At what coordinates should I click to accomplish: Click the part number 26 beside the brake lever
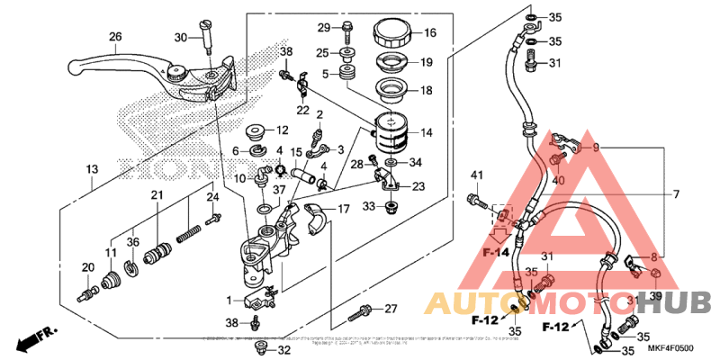(114, 37)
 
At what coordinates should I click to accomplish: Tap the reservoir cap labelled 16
(393, 33)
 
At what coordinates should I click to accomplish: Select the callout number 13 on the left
(92, 169)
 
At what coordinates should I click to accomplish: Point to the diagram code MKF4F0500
(672, 348)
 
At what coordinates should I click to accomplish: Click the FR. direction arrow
(35, 341)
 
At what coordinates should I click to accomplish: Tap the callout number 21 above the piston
(156, 195)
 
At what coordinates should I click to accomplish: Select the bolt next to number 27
(360, 312)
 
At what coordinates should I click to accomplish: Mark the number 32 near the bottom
(283, 350)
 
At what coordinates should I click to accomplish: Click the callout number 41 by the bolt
(477, 174)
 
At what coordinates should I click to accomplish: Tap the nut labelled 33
(392, 208)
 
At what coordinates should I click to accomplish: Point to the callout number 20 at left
(88, 267)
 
